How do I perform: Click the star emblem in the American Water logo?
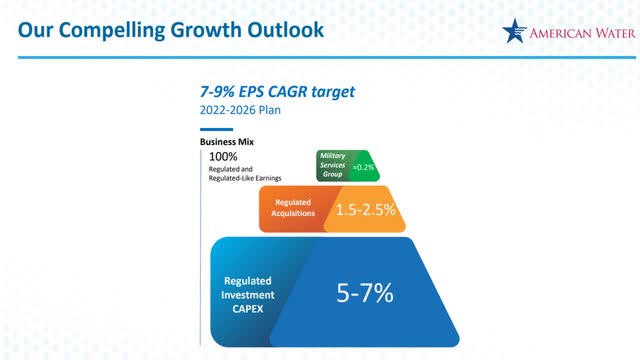pyautogui.click(x=516, y=33)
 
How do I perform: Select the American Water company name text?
pyautogui.click(x=580, y=33)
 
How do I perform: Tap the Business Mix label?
pyautogui.click(x=226, y=142)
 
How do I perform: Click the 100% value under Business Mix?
pyautogui.click(x=223, y=156)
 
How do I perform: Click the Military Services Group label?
pyautogui.click(x=332, y=165)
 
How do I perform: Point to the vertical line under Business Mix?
pyautogui.click(x=203, y=250)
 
